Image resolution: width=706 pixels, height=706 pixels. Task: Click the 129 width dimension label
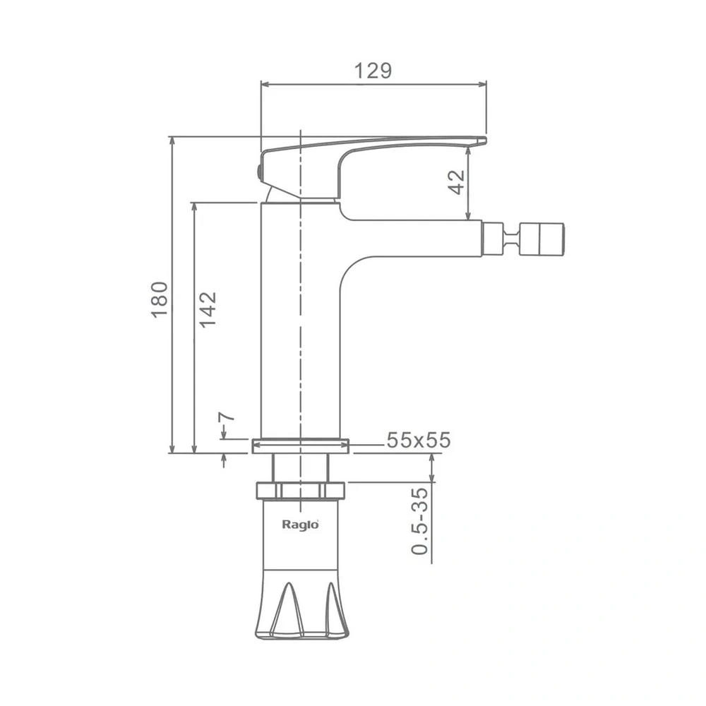[373, 71]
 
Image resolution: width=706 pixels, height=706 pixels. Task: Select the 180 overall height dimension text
[160, 300]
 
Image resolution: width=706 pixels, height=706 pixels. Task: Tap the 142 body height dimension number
[208, 309]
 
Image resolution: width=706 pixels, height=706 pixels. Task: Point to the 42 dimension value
[457, 182]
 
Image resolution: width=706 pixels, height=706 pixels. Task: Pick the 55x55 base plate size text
[418, 440]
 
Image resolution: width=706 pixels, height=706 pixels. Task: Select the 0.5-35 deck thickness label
[420, 521]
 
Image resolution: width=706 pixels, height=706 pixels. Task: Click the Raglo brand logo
[300, 525]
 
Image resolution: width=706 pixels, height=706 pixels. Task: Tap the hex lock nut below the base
[300, 491]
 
